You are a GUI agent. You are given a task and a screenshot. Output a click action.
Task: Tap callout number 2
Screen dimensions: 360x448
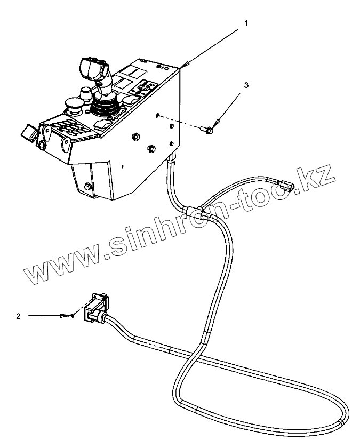coord(18,316)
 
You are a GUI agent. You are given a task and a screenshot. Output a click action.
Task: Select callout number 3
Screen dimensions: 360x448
coord(246,84)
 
